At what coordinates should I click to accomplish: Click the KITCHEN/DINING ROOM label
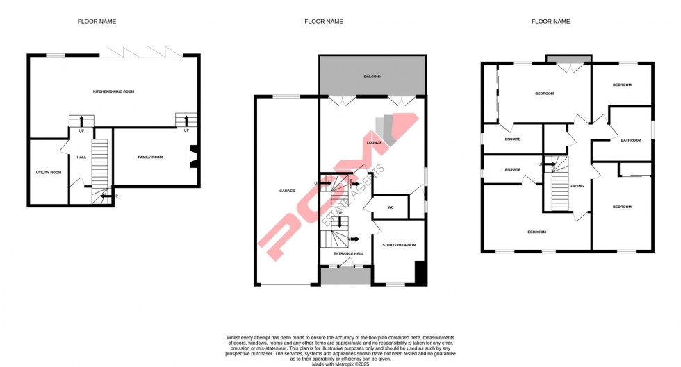pos(114,92)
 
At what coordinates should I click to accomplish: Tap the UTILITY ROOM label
pos(49,172)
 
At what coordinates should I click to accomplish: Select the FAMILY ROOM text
pos(150,157)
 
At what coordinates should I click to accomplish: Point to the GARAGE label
pos(288,190)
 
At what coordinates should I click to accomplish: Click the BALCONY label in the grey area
pos(372,76)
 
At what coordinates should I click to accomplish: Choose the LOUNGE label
pos(375,143)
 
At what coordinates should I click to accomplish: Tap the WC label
pos(391,207)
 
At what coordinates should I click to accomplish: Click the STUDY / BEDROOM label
pos(400,245)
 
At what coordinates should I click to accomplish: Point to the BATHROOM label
pos(631,141)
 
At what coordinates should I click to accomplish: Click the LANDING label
pos(576,186)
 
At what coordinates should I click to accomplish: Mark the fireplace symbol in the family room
pos(194,156)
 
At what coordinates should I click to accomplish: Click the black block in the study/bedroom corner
pos(420,272)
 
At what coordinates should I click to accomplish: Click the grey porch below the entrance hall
pos(345,277)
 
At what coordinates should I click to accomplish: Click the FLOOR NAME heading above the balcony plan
pos(324,22)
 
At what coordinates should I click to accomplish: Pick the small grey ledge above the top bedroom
pos(568,59)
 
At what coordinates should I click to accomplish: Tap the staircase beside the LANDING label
pos(560,187)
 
